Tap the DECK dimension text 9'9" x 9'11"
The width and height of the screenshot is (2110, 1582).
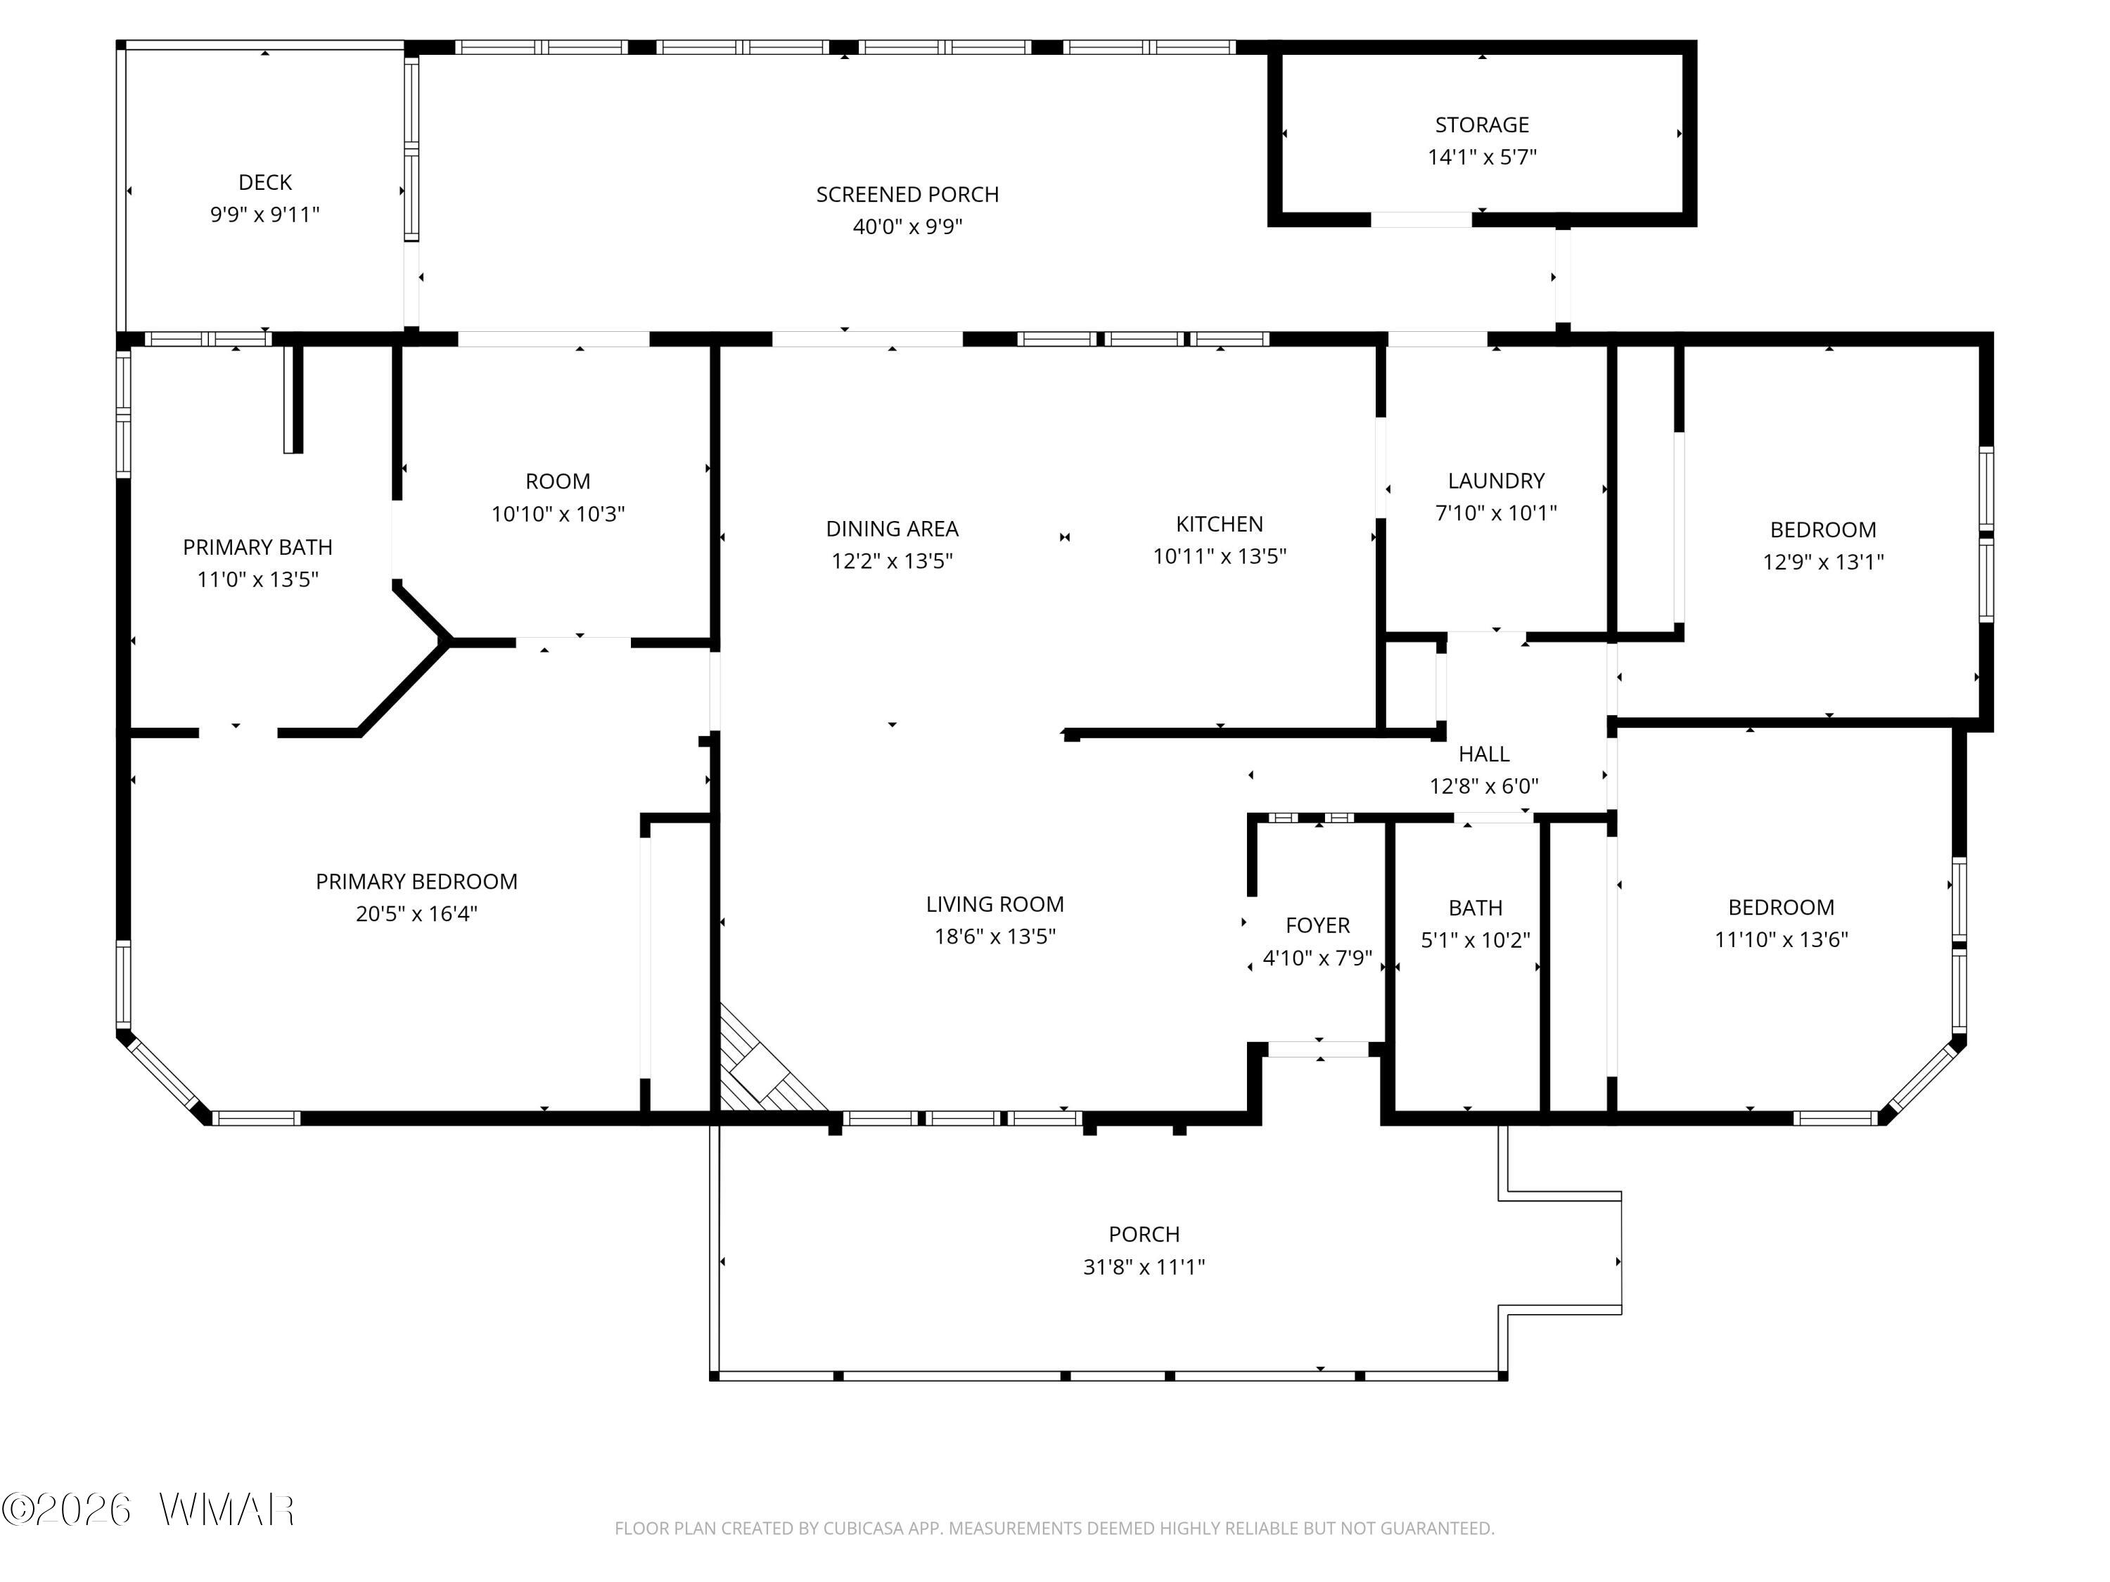coord(265,214)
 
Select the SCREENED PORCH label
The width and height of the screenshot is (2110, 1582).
coord(907,195)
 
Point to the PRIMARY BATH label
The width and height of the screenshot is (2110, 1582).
coord(257,547)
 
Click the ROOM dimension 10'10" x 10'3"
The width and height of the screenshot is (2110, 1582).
coord(558,514)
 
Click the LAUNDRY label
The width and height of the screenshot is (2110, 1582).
coord(1496,481)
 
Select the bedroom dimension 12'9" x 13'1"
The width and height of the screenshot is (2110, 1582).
coord(1823,562)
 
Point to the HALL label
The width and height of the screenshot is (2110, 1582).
coord(1483,754)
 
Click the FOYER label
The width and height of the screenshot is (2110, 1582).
coord(1317,925)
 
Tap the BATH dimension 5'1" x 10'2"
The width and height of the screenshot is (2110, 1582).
coord(1476,940)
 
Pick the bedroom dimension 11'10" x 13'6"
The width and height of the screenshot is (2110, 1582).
coord(1781,939)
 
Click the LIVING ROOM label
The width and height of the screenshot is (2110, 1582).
coord(995,904)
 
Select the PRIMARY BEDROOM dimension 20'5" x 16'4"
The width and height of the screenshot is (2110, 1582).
coord(417,913)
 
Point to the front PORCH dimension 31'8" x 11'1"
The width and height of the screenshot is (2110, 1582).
coord(1144,1266)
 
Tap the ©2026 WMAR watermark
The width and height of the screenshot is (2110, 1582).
coord(148,1510)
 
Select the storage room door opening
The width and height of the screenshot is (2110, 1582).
coord(1421,219)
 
